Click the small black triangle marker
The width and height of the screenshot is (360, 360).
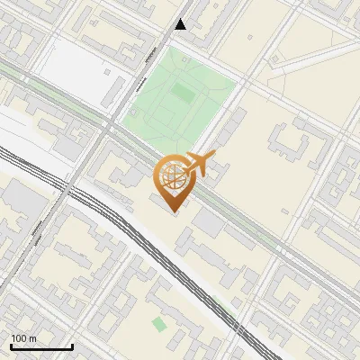pos(181,24)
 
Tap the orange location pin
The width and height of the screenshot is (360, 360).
pos(172,180)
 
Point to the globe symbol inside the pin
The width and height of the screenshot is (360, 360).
pos(172,175)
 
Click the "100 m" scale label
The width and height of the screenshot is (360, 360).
pos(24,338)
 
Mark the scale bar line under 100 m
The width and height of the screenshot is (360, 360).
pos(41,346)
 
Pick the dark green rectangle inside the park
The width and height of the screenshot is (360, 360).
pos(183,92)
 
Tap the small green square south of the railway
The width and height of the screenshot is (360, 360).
pos(159,324)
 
